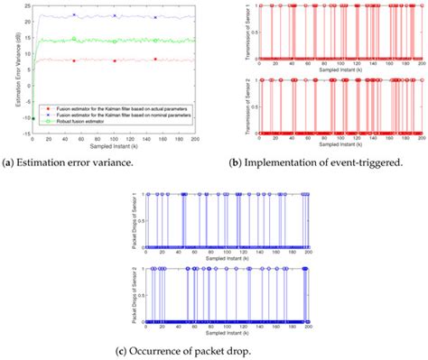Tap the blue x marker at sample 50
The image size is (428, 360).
(x=74, y=15)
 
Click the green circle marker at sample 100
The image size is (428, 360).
(x=115, y=40)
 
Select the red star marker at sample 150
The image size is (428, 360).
(x=155, y=60)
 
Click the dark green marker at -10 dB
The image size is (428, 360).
(x=33, y=118)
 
